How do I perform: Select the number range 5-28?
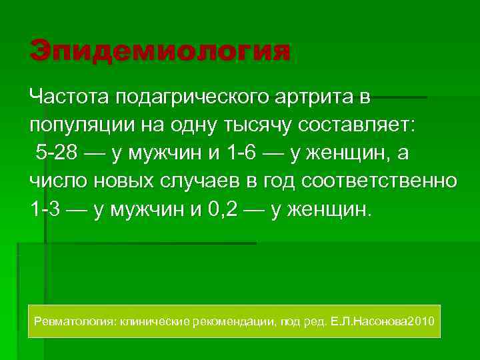click(56, 153)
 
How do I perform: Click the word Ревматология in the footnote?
click(74, 322)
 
